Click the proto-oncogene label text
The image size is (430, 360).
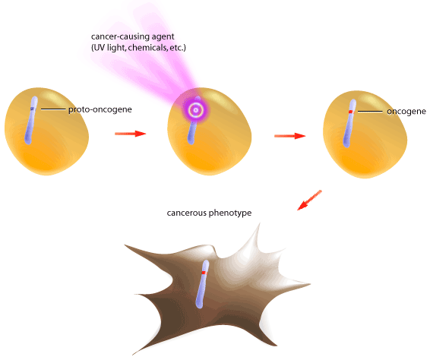100,109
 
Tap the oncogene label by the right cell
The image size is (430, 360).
406,112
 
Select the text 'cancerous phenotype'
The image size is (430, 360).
209,213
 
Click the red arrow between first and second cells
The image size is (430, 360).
130,134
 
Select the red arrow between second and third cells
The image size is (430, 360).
290,136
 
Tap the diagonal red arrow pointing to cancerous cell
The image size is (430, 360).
309,201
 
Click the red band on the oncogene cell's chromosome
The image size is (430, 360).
350,112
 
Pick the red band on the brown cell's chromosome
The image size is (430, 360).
204,273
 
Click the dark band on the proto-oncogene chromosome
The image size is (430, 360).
33,109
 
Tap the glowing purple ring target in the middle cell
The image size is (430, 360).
195,110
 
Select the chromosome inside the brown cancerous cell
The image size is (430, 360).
202,284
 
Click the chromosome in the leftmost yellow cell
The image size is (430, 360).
30,120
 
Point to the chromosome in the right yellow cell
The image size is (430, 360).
349,123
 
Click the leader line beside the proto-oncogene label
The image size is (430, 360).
53,109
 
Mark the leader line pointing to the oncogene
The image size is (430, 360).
370,112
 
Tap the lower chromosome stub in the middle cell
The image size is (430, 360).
191,134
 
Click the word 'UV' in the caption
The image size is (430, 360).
99,48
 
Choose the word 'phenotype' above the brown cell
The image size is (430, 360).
230,213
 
